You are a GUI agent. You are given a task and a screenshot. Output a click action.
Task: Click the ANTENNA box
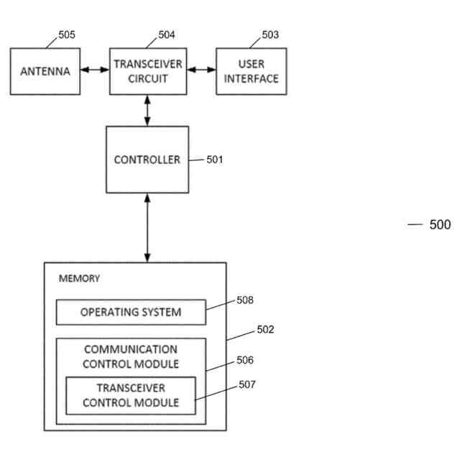[x=45, y=71]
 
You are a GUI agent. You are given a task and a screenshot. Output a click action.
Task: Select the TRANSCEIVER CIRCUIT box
[x=148, y=71]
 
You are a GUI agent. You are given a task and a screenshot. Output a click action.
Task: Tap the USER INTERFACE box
[x=252, y=71]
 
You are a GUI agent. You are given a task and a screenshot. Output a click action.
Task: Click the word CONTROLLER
[x=147, y=160]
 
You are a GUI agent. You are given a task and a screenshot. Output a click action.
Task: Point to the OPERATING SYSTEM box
[x=131, y=312]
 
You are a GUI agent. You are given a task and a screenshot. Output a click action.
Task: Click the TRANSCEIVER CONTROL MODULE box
[x=131, y=396]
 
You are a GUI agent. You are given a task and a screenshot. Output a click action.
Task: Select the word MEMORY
[x=79, y=278]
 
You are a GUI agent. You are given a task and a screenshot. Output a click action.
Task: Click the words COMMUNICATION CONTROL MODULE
[x=131, y=356]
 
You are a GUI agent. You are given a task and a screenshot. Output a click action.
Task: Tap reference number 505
[x=67, y=34]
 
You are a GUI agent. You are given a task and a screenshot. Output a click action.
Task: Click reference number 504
[x=167, y=34]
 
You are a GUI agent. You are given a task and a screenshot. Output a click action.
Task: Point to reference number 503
[x=270, y=34]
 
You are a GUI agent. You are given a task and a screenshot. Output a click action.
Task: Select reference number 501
[x=215, y=160]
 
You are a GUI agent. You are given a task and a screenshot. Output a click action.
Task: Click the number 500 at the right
[x=440, y=225]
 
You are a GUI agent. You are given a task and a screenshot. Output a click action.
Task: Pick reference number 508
[x=245, y=300]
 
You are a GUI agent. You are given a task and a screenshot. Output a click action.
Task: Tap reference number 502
[x=265, y=329]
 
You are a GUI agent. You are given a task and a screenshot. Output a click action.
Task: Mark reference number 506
[x=245, y=360]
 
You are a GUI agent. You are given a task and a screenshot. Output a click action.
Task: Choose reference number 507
[x=247, y=385]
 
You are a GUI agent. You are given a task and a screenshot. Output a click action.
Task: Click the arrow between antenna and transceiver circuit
[x=95, y=70]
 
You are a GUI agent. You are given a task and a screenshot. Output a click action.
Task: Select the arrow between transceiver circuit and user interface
[x=201, y=70]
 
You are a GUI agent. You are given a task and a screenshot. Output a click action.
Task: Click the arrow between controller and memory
[x=147, y=228]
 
